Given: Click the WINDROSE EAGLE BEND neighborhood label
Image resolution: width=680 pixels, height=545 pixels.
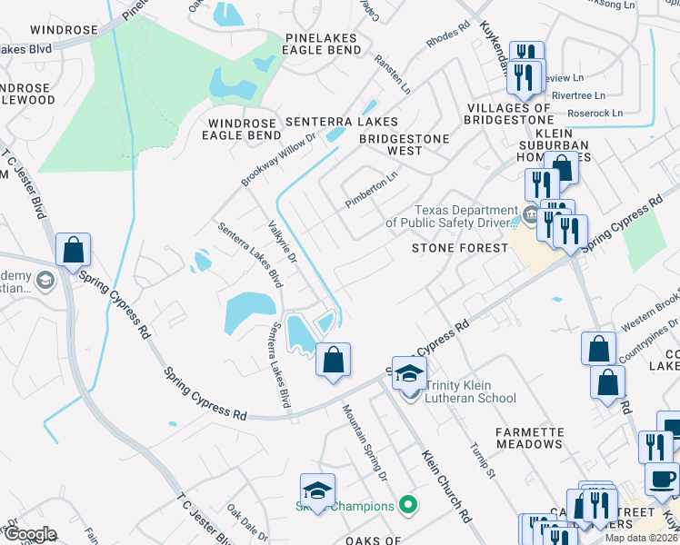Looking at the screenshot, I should (x=245, y=129).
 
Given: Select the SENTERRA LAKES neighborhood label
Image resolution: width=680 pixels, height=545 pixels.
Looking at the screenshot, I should (x=341, y=121).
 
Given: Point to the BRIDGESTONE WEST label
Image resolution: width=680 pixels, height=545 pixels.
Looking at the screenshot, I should (x=405, y=144).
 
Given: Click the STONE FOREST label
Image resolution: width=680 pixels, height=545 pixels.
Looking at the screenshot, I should (x=458, y=247).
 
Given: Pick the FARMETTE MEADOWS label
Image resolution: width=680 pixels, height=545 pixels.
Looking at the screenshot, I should (x=542, y=437).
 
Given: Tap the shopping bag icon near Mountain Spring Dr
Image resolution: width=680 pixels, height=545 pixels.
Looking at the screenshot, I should (x=334, y=360).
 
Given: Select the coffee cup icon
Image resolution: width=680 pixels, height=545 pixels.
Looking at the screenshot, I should (x=662, y=479).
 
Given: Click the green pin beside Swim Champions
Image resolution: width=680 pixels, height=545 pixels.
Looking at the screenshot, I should (x=408, y=505).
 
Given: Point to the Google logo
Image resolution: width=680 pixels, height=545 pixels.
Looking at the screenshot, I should (x=29, y=534).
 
